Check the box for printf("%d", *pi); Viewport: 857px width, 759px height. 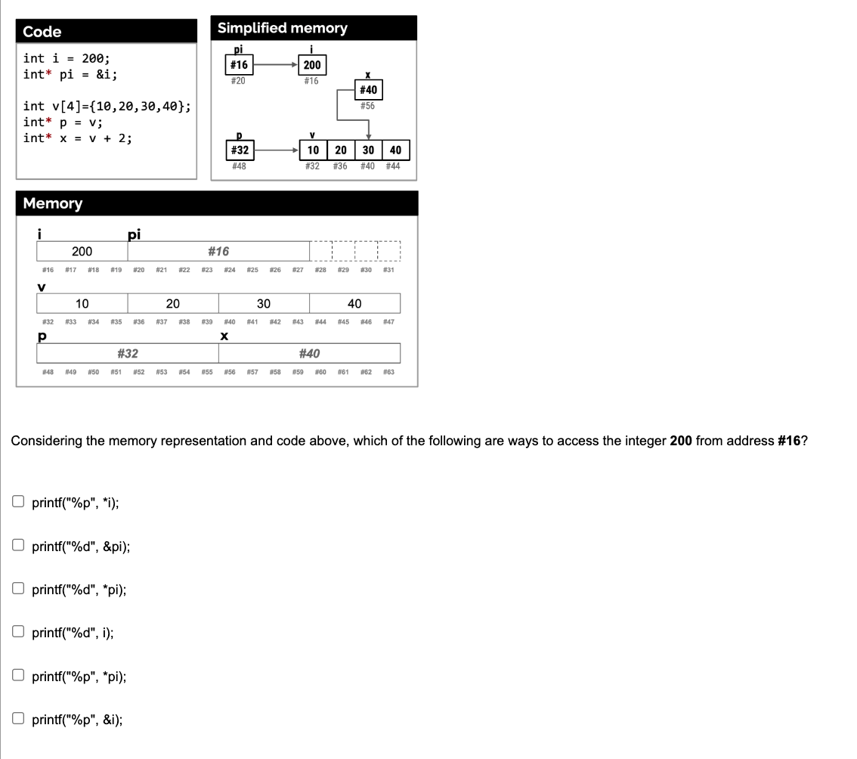pyautogui.click(x=18, y=589)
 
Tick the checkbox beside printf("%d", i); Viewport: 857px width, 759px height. pyautogui.click(x=18, y=633)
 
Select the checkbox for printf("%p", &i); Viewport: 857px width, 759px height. pyautogui.click(x=18, y=720)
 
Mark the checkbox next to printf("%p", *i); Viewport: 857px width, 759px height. pyautogui.click(x=18, y=501)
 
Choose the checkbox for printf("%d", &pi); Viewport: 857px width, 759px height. pyautogui.click(x=18, y=545)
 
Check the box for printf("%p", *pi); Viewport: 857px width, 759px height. pyautogui.click(x=18, y=677)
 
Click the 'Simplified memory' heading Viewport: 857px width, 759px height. pyautogui.click(x=283, y=28)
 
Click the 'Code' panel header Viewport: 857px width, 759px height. pyautogui.click(x=42, y=32)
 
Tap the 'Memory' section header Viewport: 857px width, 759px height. pyautogui.click(x=53, y=203)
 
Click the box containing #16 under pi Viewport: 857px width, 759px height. pyautogui.click(x=239, y=65)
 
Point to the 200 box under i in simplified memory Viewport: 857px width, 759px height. pyautogui.click(x=312, y=65)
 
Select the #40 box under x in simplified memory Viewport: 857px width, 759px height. pyautogui.click(x=368, y=91)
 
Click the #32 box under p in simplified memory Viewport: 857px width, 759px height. pyautogui.click(x=239, y=150)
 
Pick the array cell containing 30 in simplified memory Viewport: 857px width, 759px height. pyautogui.click(x=368, y=150)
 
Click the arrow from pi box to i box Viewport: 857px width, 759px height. pyautogui.click(x=275, y=65)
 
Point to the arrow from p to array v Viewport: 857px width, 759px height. pyautogui.click(x=275, y=150)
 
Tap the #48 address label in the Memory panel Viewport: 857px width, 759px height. pyautogui.click(x=48, y=372)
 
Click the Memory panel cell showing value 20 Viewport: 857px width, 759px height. pyautogui.click(x=172, y=304)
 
